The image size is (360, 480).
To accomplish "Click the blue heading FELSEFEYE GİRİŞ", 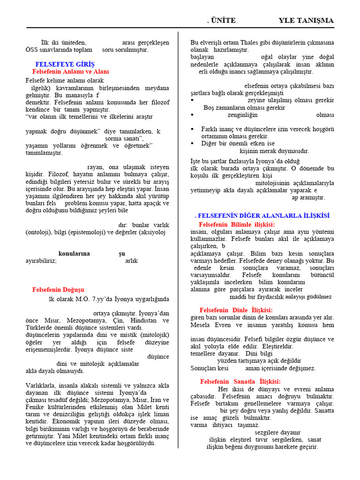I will [65, 64].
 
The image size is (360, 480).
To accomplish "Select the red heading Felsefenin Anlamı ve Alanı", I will [70, 72].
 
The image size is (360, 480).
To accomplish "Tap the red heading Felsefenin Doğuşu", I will [58, 290].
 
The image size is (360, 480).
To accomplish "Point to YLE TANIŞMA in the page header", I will [306, 20].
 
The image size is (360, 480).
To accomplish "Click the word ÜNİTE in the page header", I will [223, 20].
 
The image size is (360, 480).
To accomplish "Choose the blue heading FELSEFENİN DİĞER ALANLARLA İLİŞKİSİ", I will [262, 216].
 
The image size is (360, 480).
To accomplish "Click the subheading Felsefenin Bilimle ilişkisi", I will [237, 225].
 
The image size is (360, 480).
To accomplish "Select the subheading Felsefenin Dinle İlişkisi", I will [236, 310].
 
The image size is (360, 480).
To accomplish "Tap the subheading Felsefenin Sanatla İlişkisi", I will [240, 382].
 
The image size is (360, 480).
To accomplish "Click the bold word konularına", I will [74, 254].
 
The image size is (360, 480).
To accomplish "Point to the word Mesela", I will [201, 325].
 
